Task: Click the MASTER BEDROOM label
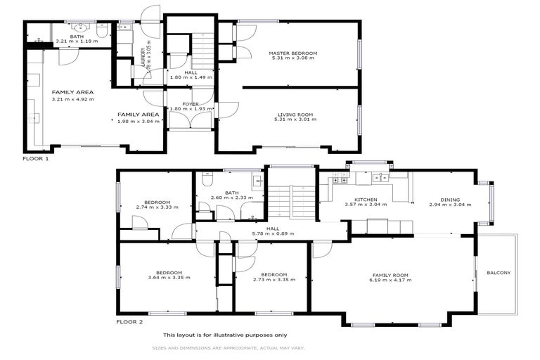coord(293,53)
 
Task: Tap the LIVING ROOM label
coord(293,114)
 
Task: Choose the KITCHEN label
coord(366,200)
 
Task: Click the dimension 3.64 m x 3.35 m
coord(169,278)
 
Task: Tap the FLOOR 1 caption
coord(36,159)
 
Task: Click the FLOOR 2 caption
coord(129,322)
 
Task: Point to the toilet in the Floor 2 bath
coord(207,181)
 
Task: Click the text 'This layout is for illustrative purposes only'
coord(225,335)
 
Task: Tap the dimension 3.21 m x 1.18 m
coord(78,41)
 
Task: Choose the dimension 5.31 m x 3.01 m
coord(293,120)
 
